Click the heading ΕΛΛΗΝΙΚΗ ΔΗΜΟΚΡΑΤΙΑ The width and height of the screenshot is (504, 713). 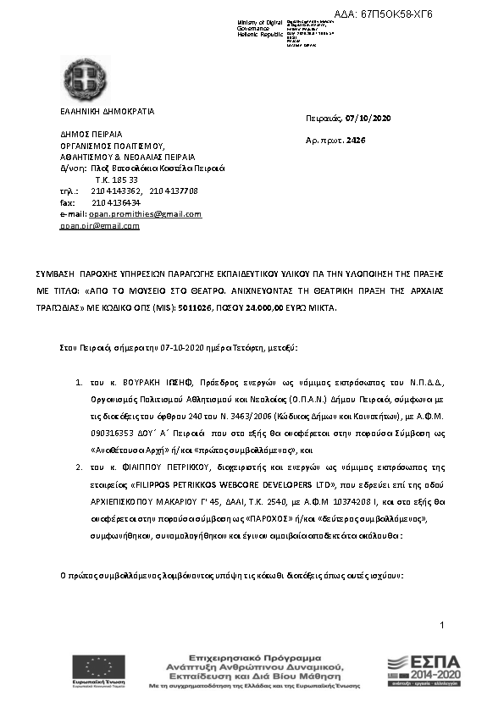click(x=108, y=111)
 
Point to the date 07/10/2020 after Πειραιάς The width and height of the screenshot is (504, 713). click(x=367, y=118)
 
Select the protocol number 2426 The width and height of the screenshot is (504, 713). click(x=356, y=139)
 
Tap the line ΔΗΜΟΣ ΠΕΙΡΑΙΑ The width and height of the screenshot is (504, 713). click(x=91, y=134)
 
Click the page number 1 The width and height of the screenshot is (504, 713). click(x=442, y=624)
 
